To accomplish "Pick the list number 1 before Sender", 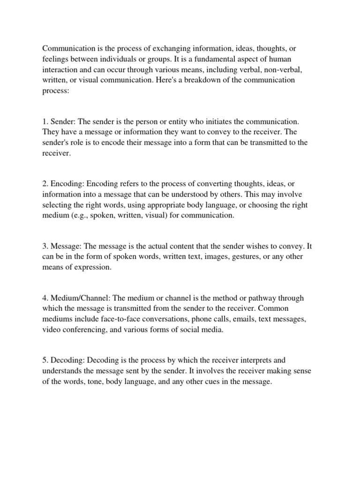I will click(x=45, y=122).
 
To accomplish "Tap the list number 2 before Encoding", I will click(x=45, y=195).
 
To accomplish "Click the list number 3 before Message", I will click(x=45, y=247).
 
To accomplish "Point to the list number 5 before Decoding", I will click(x=45, y=361).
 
